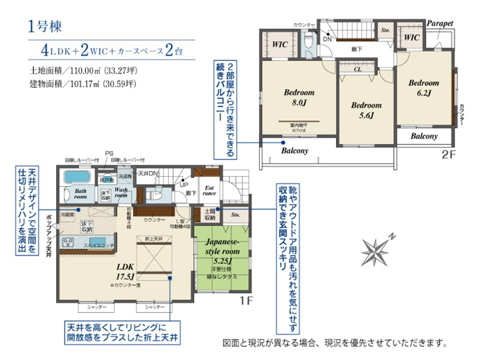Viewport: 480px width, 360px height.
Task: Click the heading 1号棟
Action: coord(45,26)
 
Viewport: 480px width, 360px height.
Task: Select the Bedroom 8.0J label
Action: coord(299,97)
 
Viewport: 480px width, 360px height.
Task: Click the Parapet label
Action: coord(439,23)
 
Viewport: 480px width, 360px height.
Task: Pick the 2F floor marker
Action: coord(448,154)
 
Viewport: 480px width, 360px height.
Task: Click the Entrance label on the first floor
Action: coord(209,190)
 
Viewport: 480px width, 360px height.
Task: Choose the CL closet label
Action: coord(357,70)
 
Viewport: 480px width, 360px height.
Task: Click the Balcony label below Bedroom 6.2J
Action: coord(424,136)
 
